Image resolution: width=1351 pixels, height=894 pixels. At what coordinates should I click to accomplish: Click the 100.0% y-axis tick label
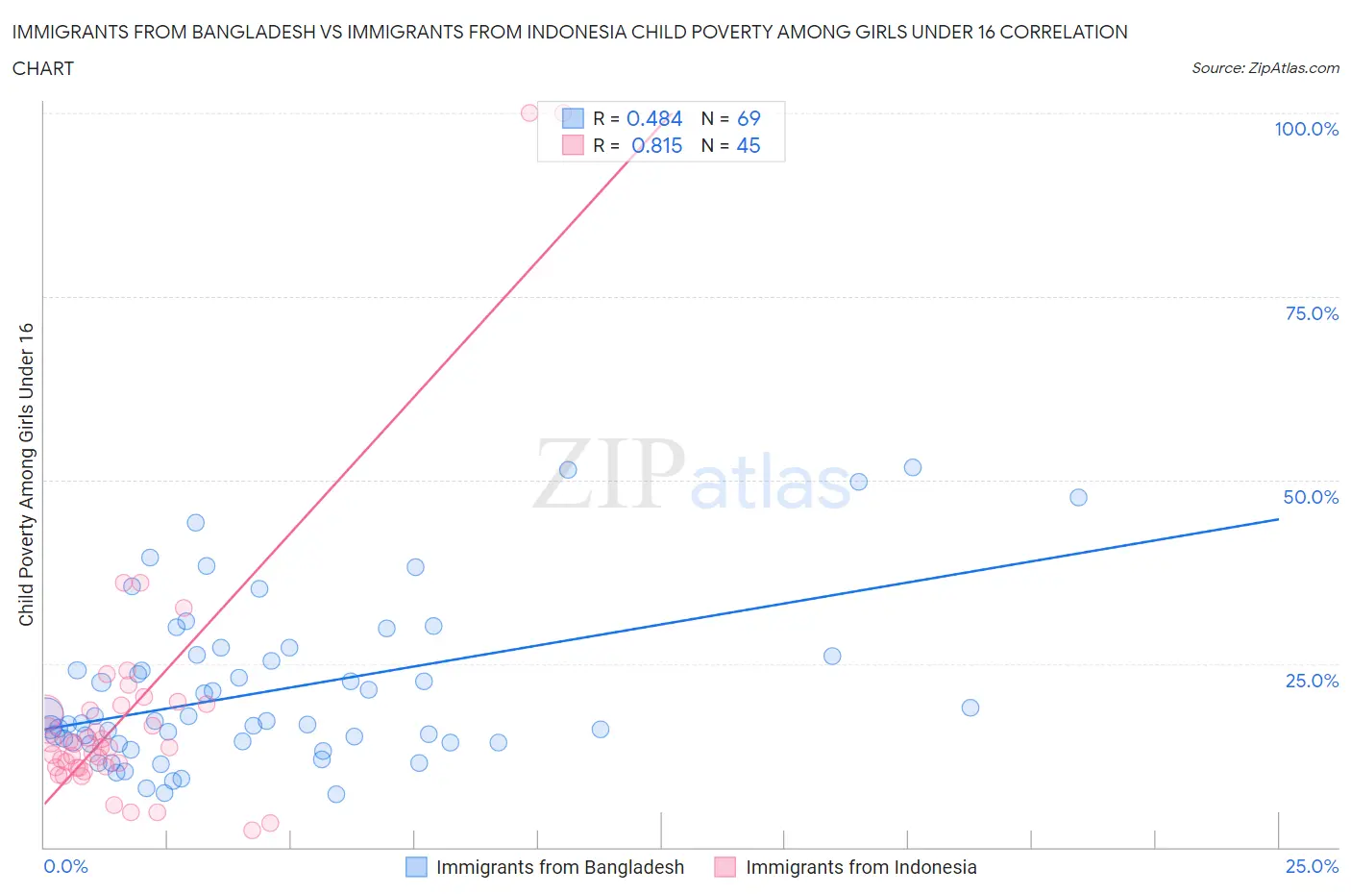1306,129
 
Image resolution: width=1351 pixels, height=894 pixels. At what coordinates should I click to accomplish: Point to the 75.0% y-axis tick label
1312,313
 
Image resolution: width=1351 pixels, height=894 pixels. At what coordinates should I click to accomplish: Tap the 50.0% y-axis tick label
1311,497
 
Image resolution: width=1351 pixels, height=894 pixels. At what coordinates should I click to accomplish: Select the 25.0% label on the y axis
1312,681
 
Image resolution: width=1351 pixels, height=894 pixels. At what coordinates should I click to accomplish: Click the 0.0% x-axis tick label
65,866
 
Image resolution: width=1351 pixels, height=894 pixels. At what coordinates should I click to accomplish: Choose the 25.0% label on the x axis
1312,866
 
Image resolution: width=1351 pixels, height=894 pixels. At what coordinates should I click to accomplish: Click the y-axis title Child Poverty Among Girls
26,474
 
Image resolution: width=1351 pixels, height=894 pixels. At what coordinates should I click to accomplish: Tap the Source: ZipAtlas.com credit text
1265,67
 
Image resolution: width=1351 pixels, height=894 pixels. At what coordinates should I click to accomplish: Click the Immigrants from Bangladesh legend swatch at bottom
416,867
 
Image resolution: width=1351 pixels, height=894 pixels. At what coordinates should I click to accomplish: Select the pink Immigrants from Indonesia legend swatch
725,867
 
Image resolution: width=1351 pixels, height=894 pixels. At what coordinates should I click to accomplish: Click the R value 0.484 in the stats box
653,118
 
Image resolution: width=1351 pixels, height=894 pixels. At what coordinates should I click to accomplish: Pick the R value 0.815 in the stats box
656,145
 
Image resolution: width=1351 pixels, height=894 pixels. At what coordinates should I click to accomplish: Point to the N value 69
749,118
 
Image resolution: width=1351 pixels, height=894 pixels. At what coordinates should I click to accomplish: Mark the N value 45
749,145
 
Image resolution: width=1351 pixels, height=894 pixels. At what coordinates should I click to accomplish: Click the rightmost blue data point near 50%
1078,497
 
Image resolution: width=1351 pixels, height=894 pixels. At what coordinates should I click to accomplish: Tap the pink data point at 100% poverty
528,112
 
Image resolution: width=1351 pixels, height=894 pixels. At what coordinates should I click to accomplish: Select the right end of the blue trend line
1278,519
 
